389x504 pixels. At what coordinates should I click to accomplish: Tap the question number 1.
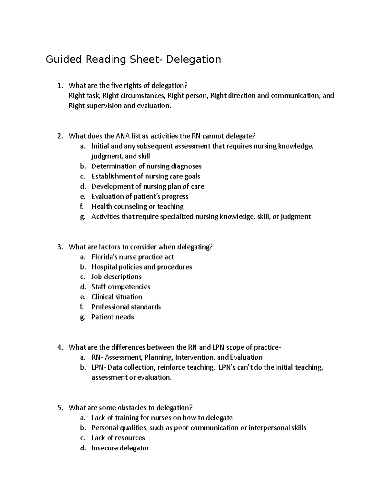(59, 86)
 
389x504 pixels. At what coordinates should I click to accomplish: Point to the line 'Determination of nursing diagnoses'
(146, 166)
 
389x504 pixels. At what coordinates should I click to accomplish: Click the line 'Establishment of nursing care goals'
(146, 177)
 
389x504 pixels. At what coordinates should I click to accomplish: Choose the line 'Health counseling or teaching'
(137, 207)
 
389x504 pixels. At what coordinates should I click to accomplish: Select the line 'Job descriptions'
(116, 277)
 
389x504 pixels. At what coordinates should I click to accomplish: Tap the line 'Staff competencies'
(121, 287)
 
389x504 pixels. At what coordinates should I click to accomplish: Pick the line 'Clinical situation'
(117, 297)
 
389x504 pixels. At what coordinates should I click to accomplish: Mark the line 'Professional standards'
(126, 307)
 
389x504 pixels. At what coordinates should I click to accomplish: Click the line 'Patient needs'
(112, 317)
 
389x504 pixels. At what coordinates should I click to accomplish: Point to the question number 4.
(59, 347)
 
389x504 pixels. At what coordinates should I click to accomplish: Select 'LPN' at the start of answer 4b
(98, 367)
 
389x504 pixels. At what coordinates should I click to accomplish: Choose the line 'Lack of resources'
(118, 438)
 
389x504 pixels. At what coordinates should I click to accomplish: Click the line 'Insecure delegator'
(120, 448)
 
